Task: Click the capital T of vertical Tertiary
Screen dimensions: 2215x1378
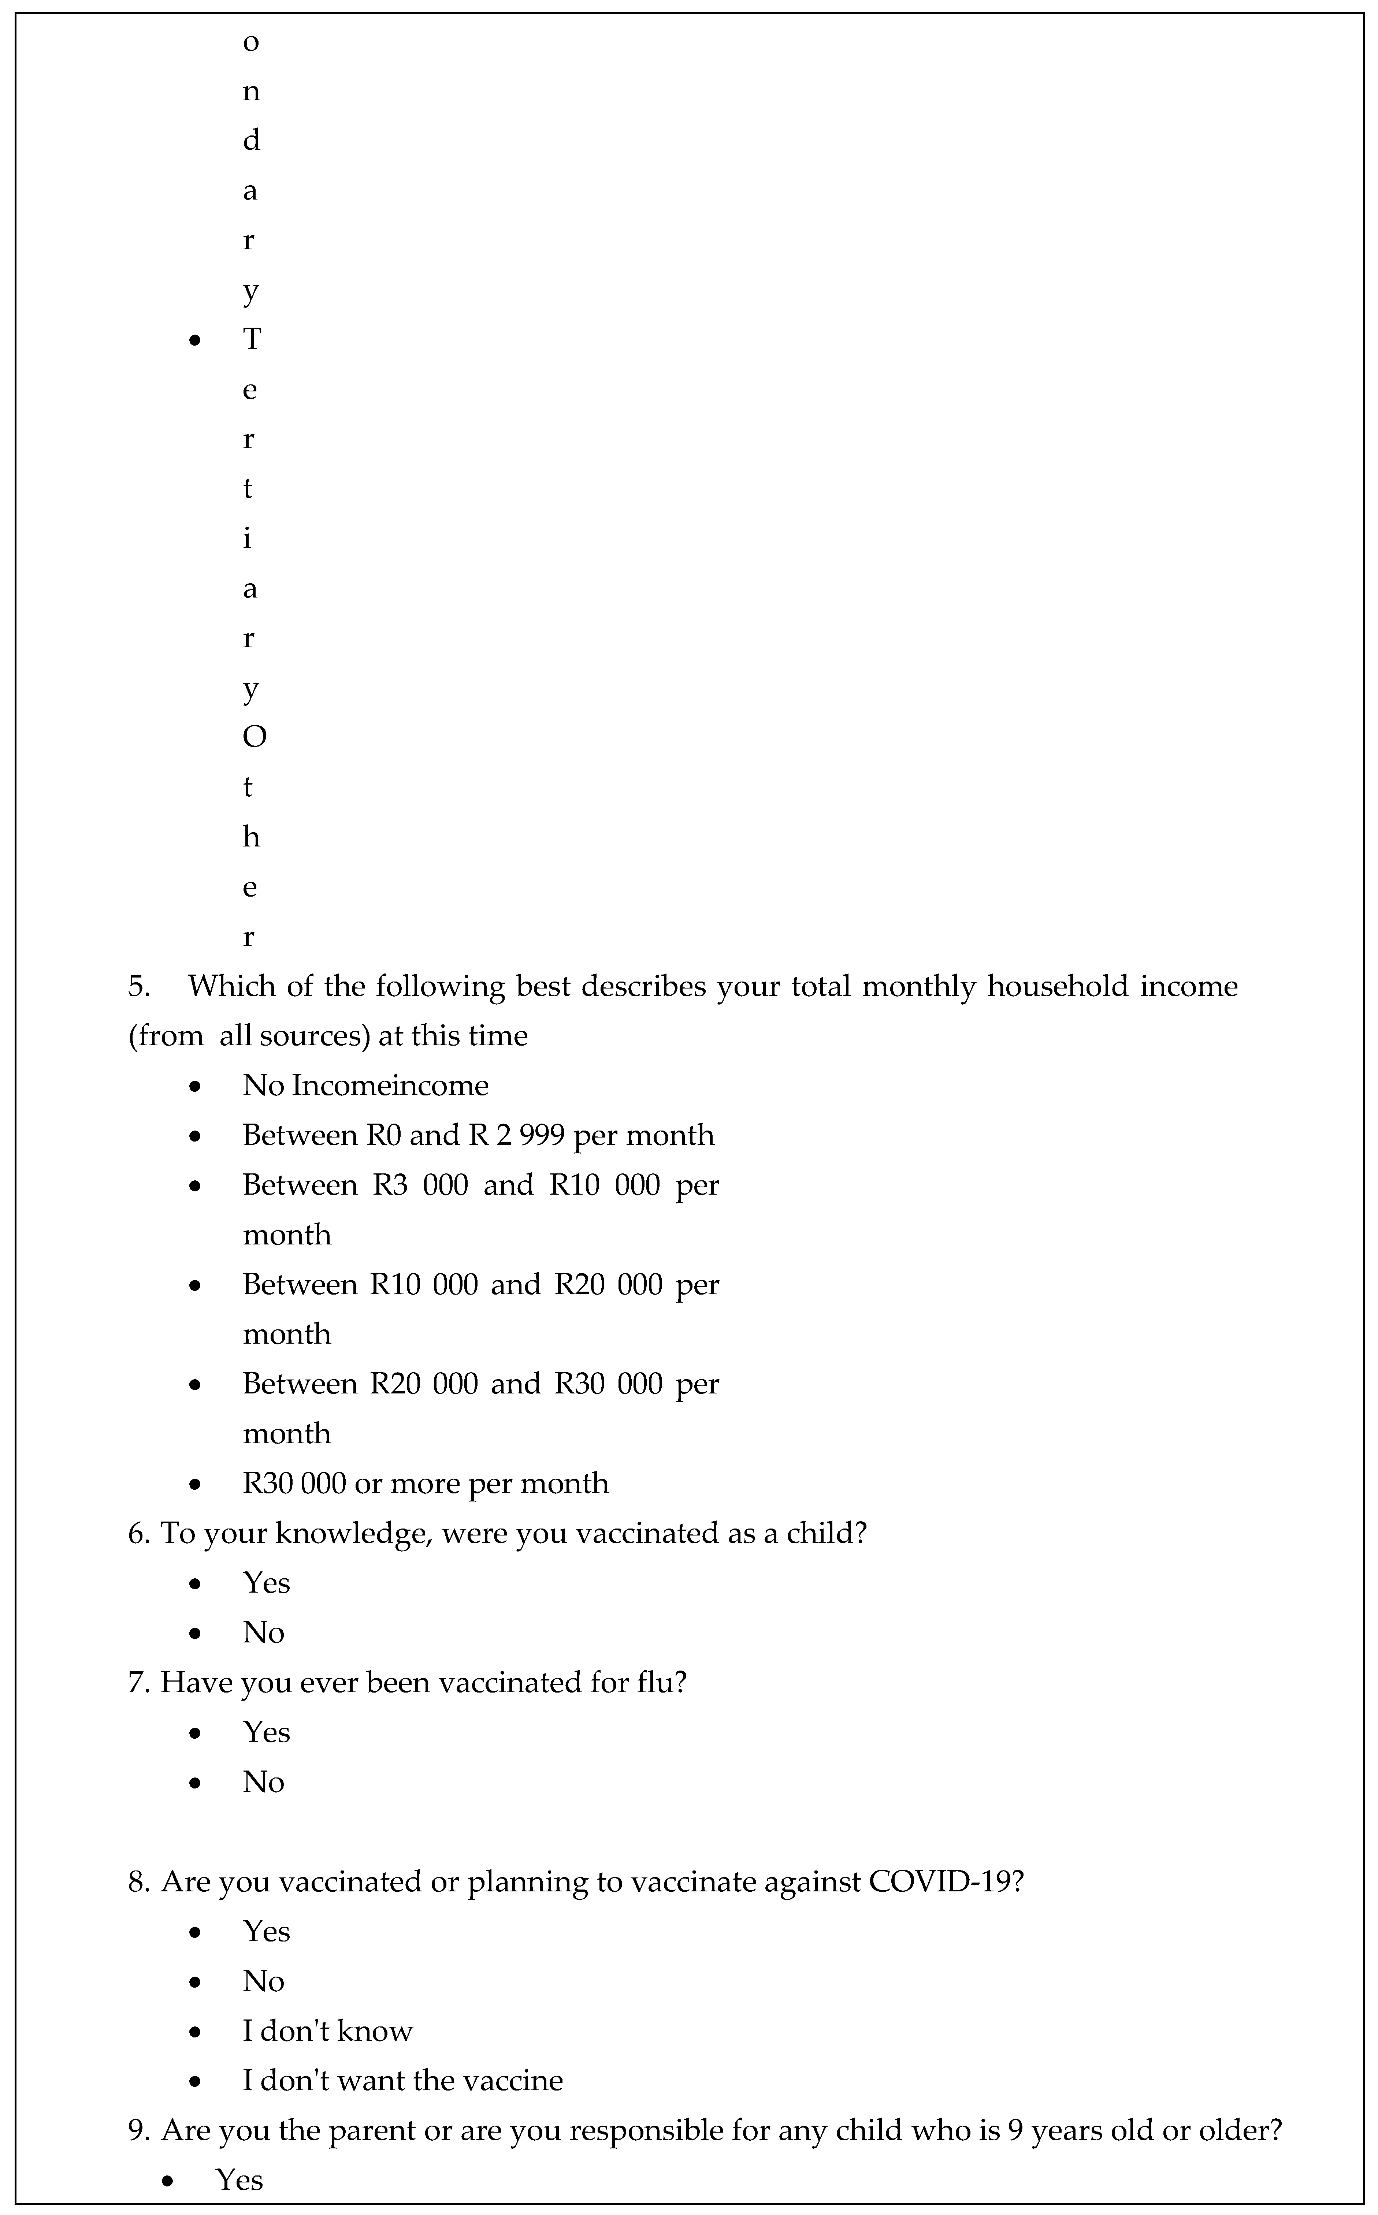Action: [x=252, y=340]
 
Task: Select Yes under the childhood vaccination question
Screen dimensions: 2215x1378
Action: [x=266, y=1583]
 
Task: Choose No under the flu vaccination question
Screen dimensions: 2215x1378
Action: [x=263, y=1782]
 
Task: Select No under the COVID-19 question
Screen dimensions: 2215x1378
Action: [x=263, y=1982]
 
